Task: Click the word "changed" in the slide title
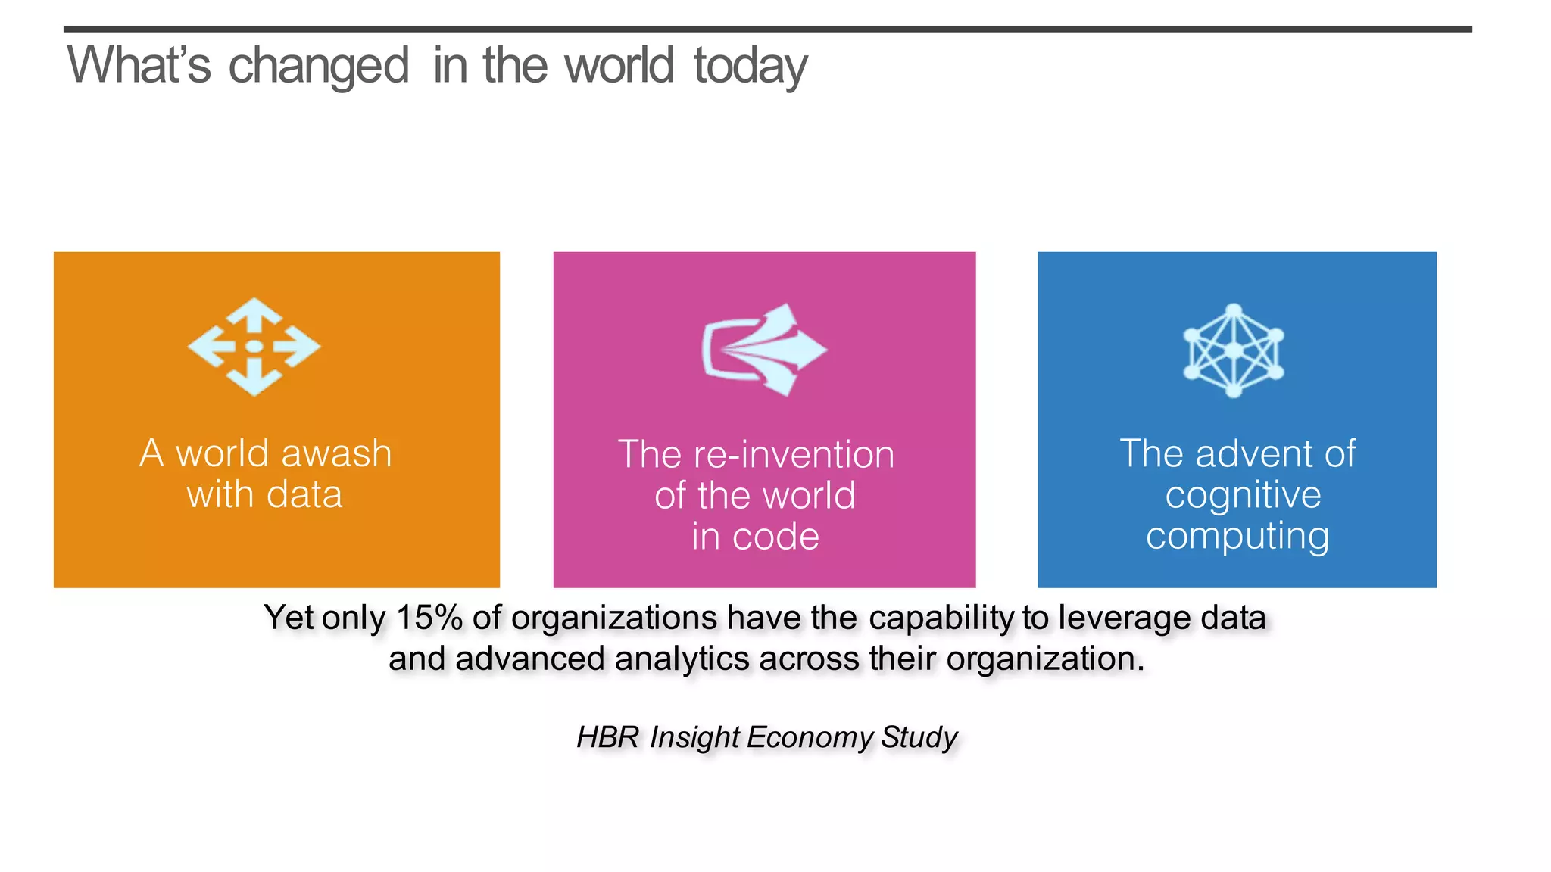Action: [x=318, y=67]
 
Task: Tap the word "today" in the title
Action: [x=751, y=67]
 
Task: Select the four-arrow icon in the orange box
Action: [x=254, y=347]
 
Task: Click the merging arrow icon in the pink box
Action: [x=763, y=350]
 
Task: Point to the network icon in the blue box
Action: [x=1234, y=350]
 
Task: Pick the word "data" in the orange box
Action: [x=304, y=494]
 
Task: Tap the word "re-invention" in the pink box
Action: [x=794, y=454]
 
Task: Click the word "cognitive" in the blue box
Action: [x=1243, y=495]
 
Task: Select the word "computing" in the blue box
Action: [x=1237, y=536]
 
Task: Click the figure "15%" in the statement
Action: [x=429, y=618]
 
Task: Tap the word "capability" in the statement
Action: [x=941, y=618]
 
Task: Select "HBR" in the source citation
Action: [x=608, y=737]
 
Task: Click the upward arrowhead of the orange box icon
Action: [x=254, y=310]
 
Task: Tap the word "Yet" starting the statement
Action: [x=289, y=618]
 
